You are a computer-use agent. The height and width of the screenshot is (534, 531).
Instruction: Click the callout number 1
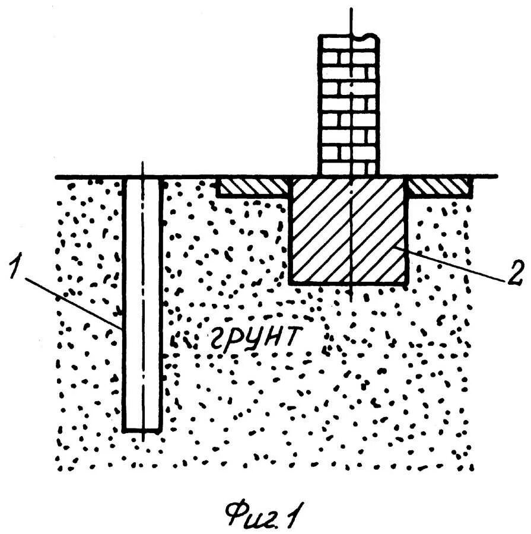16,265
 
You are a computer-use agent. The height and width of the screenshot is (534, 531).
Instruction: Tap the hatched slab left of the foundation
252,187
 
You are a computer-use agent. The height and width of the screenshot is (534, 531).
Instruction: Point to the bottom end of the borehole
142,430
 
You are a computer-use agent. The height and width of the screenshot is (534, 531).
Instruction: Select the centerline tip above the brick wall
352,9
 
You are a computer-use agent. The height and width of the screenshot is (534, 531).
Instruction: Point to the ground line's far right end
496,177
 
